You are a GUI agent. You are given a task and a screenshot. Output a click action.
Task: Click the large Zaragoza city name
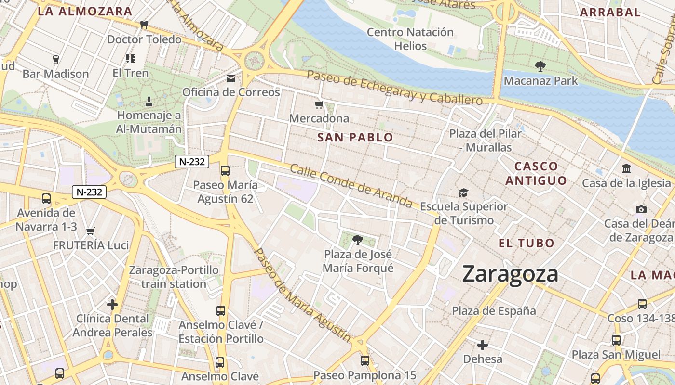point(510,274)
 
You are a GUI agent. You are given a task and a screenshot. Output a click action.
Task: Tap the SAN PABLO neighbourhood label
point(355,138)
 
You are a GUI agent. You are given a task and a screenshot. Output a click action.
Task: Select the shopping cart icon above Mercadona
point(318,105)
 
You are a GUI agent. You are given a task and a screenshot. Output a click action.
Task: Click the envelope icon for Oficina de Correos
point(231,78)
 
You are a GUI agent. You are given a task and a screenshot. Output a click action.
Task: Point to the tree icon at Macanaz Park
point(540,66)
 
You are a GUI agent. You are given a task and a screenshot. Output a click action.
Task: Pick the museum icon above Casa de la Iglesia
point(626,169)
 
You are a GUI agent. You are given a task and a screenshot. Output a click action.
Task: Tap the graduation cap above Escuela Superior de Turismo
point(463,192)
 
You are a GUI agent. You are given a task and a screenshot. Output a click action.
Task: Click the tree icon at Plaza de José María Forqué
point(357,240)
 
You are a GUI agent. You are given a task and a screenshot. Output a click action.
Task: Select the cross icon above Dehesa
point(482,345)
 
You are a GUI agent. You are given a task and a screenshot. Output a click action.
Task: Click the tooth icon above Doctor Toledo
point(144,25)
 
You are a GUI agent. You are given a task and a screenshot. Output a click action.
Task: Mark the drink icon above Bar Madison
point(55,60)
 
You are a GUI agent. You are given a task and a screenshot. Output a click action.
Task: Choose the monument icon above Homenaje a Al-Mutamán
point(149,101)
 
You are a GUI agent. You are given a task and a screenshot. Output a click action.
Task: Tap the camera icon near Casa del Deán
point(641,209)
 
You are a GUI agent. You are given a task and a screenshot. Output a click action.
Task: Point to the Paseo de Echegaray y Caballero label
point(394,88)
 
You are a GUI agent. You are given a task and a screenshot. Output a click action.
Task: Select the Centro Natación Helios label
point(410,39)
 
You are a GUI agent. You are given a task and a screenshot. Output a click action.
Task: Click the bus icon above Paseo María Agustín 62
point(225,170)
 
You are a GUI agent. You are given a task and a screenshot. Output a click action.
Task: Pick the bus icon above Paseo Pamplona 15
point(365,360)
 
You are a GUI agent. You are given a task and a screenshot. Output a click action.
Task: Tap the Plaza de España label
point(494,311)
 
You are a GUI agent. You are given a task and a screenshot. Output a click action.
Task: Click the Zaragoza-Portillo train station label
point(174,277)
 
